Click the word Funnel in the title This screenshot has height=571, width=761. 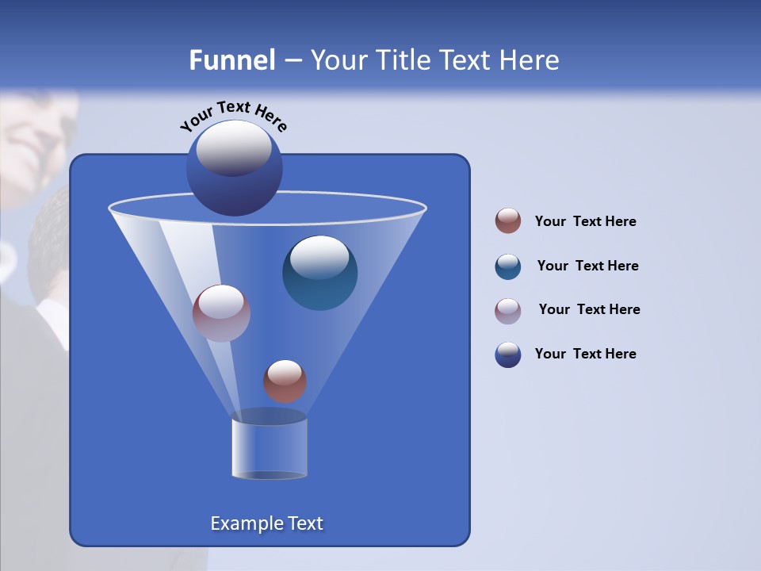pyautogui.click(x=231, y=60)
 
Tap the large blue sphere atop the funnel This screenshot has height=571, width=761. pyautogui.click(x=235, y=169)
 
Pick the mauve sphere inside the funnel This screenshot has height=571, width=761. pyautogui.click(x=221, y=314)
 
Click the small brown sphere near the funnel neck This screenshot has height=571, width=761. pyautogui.click(x=285, y=381)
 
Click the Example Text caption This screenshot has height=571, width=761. pyautogui.click(x=266, y=523)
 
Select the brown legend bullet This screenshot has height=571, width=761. pyautogui.click(x=508, y=221)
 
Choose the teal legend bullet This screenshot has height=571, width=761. pyautogui.click(x=508, y=266)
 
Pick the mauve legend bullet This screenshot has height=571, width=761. pyautogui.click(x=508, y=311)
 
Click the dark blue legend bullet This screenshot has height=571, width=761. pyautogui.click(x=508, y=354)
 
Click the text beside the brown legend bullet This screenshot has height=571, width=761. pyautogui.click(x=585, y=221)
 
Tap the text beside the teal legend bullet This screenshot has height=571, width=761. pyautogui.click(x=587, y=266)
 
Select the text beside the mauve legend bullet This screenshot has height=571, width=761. pyautogui.click(x=589, y=309)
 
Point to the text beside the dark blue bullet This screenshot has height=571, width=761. pyautogui.click(x=585, y=354)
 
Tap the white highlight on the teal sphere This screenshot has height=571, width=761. pyautogui.click(x=319, y=259)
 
